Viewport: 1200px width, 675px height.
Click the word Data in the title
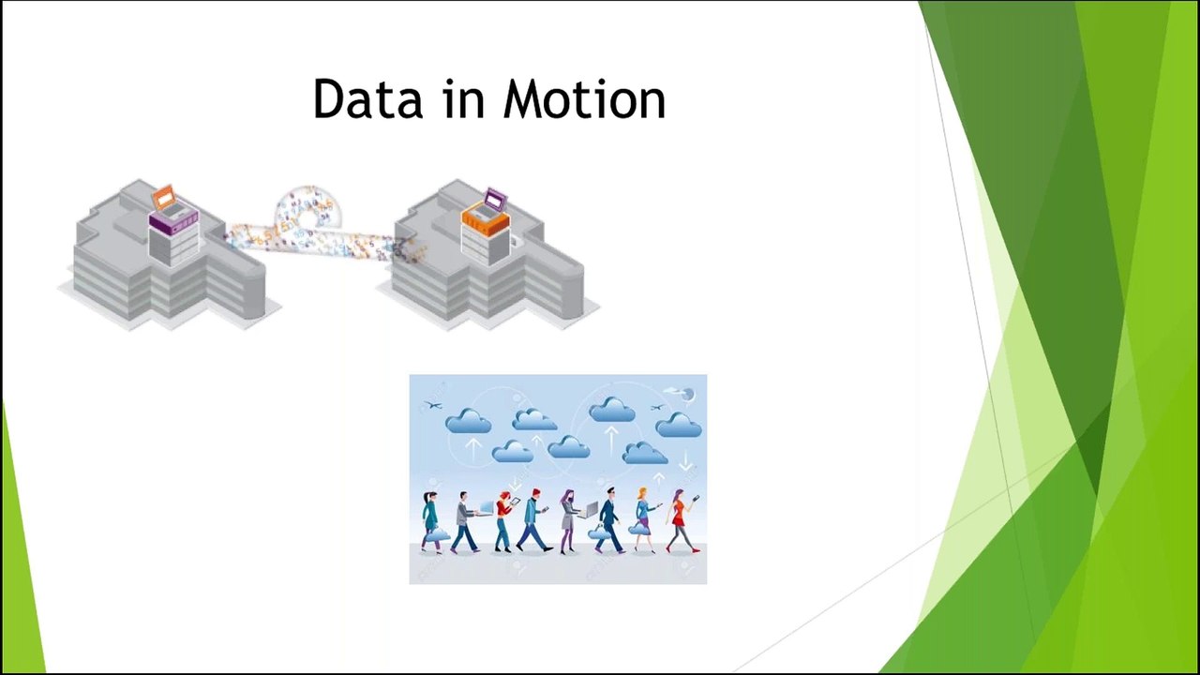[x=368, y=98]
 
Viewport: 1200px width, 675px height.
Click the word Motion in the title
[x=584, y=98]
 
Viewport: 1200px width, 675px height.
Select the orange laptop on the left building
[x=163, y=198]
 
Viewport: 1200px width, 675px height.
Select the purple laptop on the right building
[x=495, y=200]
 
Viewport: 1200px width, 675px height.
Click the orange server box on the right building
[x=486, y=220]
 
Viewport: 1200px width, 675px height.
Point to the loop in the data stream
[x=307, y=209]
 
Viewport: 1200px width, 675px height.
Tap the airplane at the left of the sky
[x=433, y=405]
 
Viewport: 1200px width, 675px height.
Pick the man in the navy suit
[x=608, y=519]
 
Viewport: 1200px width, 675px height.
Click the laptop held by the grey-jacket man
[x=487, y=508]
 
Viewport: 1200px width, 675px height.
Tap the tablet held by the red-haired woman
[x=515, y=502]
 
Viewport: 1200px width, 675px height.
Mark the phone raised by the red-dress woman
[x=696, y=498]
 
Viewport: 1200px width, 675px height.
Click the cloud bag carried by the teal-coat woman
[x=439, y=534]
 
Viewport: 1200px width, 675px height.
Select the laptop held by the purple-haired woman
[x=590, y=509]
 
